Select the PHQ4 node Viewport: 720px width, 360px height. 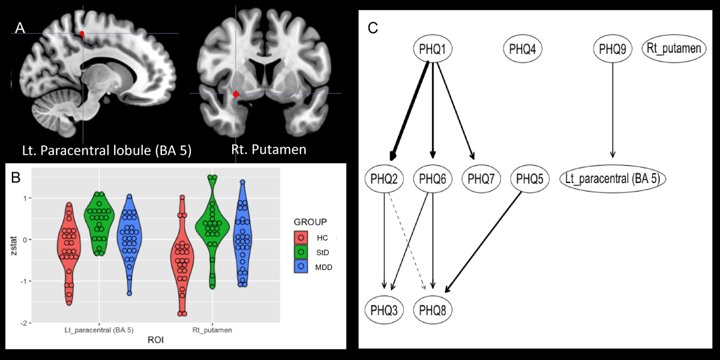(523, 49)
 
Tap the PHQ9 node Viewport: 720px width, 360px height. (613, 49)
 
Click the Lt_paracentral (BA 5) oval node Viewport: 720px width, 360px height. (613, 178)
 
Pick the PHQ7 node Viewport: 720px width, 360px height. (481, 178)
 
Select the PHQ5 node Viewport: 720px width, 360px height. (530, 178)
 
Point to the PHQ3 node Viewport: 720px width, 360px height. (384, 310)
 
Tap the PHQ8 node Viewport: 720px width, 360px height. (433, 310)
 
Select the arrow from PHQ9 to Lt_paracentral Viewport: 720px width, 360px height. (613, 114)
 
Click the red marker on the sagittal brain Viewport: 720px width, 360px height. (82, 34)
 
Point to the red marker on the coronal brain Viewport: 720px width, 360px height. (236, 94)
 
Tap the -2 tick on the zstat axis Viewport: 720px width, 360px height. (23, 323)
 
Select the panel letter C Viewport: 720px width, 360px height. (373, 28)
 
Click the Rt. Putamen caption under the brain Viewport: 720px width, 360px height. (269, 149)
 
